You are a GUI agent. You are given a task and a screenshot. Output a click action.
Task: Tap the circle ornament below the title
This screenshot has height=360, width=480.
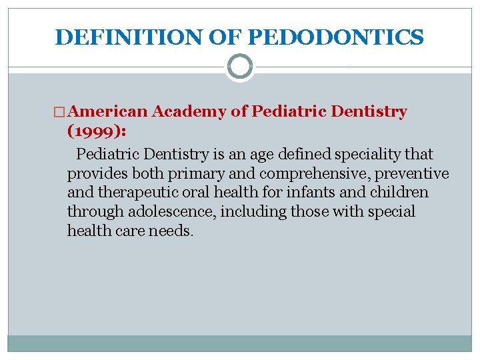click(x=240, y=67)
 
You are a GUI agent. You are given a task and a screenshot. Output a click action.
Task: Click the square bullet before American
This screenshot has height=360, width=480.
click(x=61, y=113)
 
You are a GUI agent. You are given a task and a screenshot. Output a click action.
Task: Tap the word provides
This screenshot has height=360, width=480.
click(x=96, y=174)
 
